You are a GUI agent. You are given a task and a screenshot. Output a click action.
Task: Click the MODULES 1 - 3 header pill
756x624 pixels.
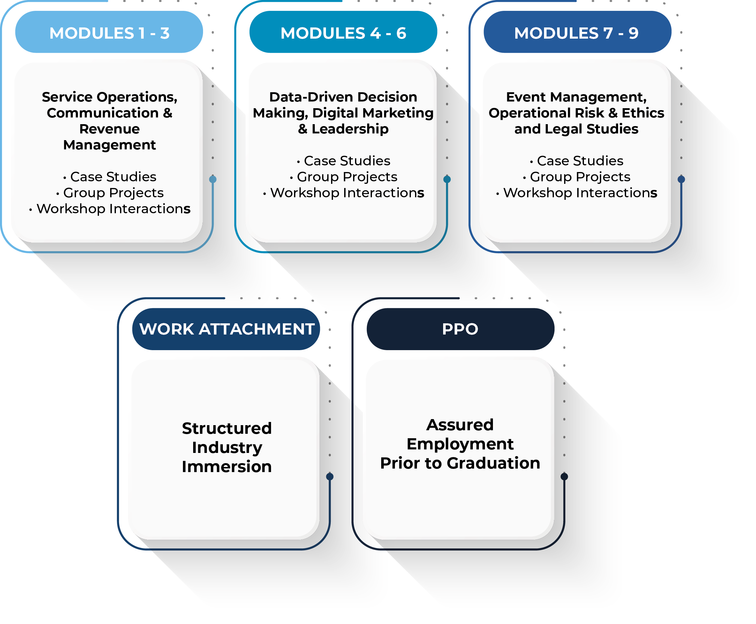(109, 32)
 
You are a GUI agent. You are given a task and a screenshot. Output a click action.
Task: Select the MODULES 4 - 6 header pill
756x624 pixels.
(343, 32)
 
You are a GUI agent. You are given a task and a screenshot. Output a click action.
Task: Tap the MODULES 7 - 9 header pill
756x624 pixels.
(577, 32)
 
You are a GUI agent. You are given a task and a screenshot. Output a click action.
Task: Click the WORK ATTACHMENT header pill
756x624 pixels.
(226, 329)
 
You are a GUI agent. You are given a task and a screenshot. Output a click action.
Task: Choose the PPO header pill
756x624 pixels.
(460, 329)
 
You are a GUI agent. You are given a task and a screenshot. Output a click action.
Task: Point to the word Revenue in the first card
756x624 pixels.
(109, 129)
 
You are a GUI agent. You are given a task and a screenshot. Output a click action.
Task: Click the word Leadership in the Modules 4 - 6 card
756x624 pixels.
(350, 129)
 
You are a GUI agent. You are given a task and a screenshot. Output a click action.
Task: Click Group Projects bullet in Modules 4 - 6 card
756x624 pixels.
(344, 177)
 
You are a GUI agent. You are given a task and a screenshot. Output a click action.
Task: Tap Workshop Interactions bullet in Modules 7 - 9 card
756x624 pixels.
(577, 193)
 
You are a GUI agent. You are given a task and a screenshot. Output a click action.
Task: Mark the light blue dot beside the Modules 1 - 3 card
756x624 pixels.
(213, 179)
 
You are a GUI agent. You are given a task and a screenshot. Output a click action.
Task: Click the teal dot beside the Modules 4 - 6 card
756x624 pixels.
(447, 179)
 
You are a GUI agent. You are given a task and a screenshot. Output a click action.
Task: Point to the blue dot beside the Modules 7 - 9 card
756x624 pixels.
(681, 179)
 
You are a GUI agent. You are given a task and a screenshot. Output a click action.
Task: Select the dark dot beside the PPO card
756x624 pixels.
(564, 477)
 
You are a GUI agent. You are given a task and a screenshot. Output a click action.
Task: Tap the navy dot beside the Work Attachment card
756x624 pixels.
(330, 477)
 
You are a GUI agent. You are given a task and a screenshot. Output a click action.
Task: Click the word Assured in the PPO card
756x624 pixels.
(460, 425)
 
